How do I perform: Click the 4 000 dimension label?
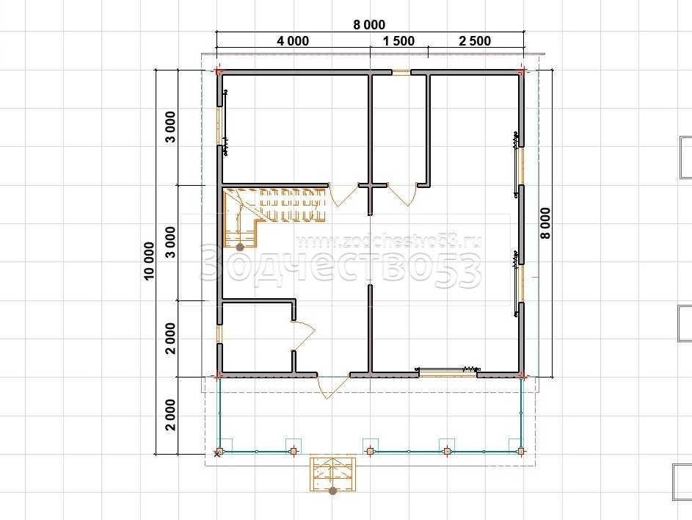[x=293, y=41]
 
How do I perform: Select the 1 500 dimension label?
[x=399, y=41]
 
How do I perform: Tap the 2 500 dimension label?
[x=475, y=41]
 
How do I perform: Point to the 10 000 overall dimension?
[x=150, y=261]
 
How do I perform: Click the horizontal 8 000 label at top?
[x=369, y=25]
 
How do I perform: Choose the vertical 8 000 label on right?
[x=546, y=223]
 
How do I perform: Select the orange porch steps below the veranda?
[x=332, y=473]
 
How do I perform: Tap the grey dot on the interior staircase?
[x=240, y=248]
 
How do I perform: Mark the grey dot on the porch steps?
[x=332, y=491]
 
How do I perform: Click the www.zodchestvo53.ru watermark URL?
[x=388, y=241]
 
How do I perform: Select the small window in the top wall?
[x=401, y=72]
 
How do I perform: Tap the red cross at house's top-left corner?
[x=218, y=71]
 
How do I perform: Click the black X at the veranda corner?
[x=217, y=454]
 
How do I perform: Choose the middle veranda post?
[x=370, y=451]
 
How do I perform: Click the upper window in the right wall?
[x=521, y=166]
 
